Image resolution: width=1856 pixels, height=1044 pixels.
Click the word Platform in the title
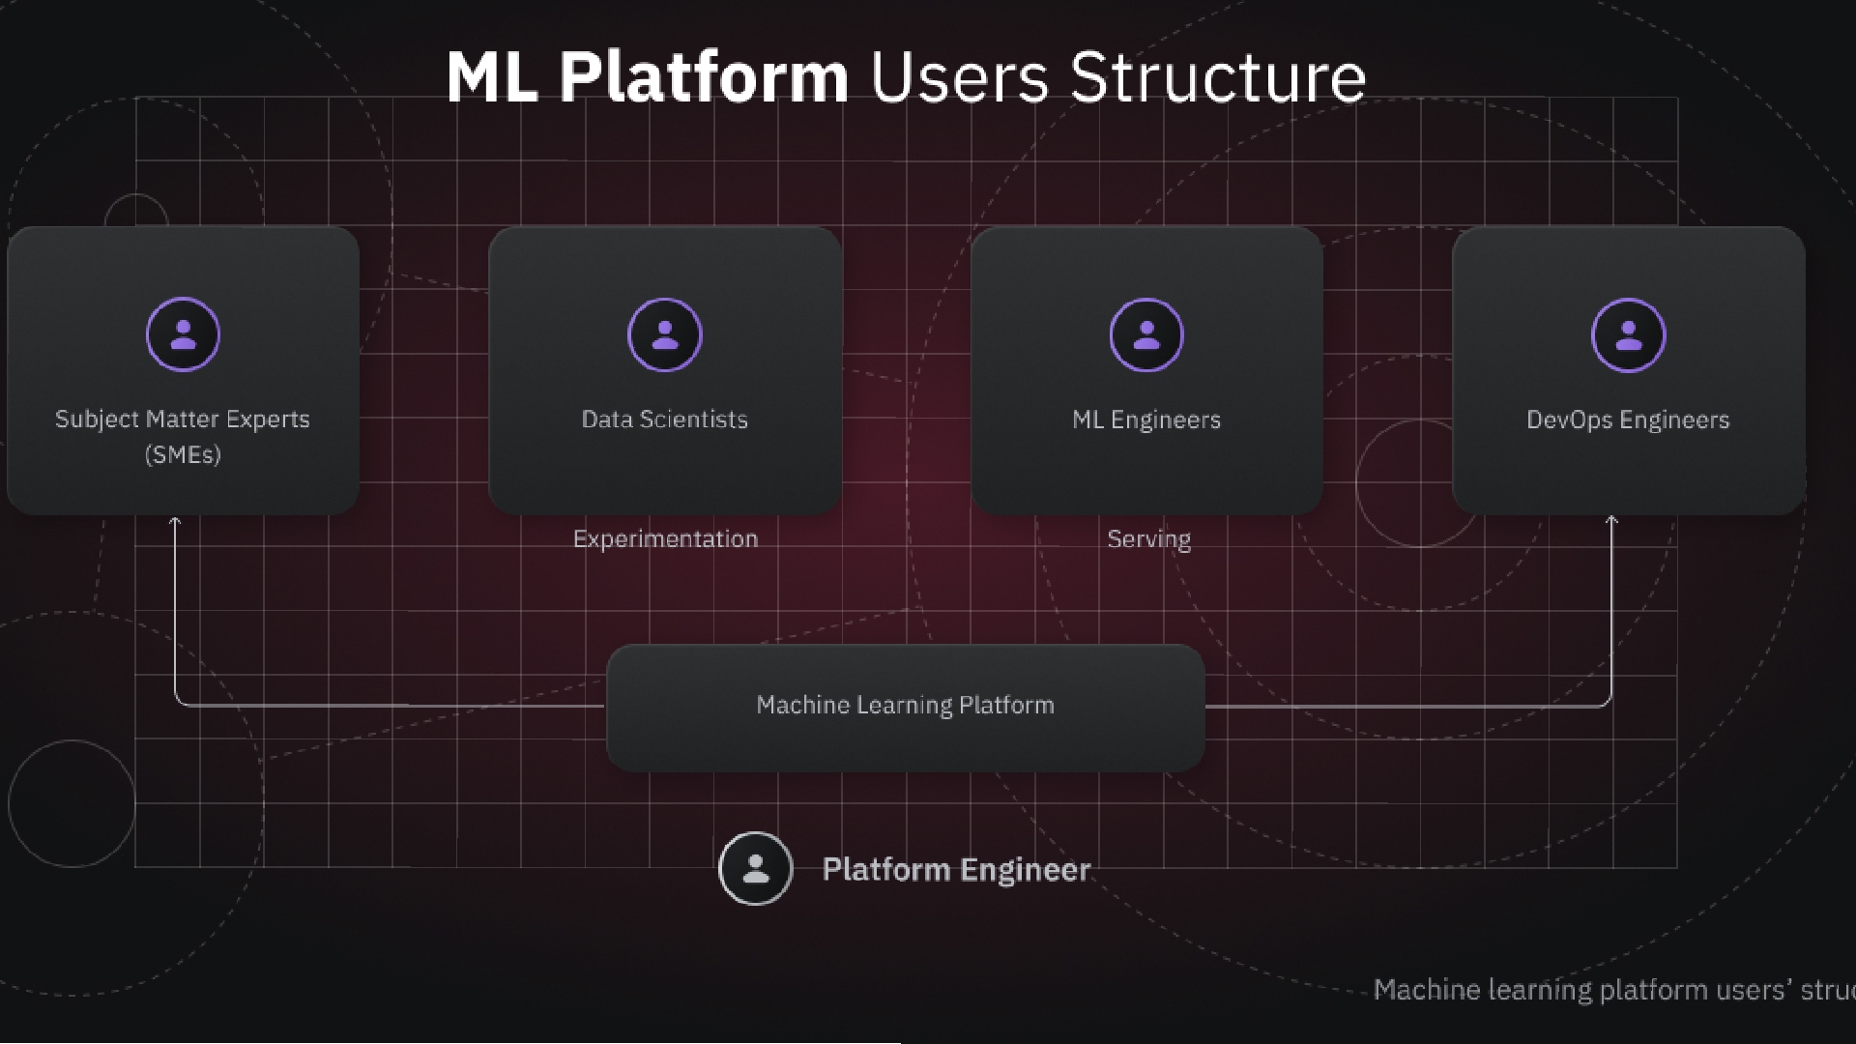tap(704, 76)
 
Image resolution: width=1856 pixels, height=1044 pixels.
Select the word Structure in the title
tap(1218, 76)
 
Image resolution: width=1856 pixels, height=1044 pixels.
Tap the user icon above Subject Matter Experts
tap(183, 334)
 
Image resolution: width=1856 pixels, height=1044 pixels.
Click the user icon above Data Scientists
tap(664, 334)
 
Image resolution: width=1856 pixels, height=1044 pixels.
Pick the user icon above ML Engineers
tap(1146, 334)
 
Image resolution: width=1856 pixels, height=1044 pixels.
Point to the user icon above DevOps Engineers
tap(1628, 334)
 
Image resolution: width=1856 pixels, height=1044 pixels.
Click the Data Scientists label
tap(664, 419)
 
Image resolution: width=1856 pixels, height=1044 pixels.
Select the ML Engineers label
tap(1146, 420)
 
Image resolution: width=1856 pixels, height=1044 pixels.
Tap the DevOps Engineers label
tap(1628, 420)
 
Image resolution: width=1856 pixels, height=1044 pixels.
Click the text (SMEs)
tap(183, 454)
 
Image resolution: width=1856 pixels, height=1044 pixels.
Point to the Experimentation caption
tap(665, 538)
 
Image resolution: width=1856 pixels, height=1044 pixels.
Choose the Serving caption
tap(1148, 538)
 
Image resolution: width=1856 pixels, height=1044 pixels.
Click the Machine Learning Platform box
tap(906, 708)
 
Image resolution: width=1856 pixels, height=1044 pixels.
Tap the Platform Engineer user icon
tap(756, 868)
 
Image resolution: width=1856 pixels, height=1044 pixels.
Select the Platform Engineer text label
tap(956, 870)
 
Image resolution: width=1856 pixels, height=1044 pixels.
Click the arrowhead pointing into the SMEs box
tap(175, 521)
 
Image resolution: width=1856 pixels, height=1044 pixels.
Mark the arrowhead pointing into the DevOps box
tap(1611, 521)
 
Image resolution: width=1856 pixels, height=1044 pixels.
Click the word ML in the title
tap(492, 76)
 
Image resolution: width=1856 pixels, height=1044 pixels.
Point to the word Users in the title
tap(959, 76)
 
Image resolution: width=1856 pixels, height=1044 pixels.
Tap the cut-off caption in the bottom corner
tap(1614, 990)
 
